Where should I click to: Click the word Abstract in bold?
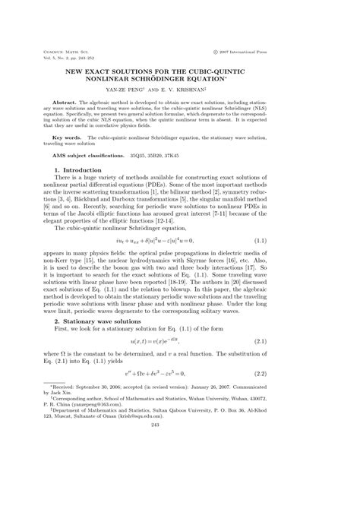tap(68, 100)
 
